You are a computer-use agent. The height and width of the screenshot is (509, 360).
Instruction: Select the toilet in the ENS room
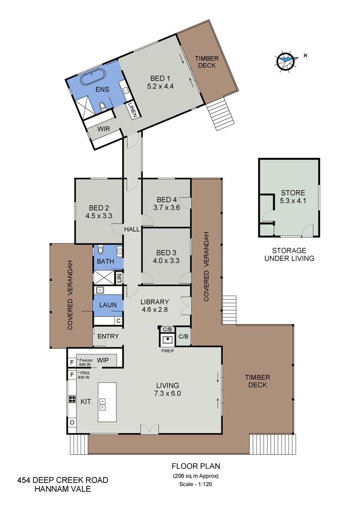tap(103, 106)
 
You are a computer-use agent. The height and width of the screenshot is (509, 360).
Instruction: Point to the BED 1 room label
tap(160, 78)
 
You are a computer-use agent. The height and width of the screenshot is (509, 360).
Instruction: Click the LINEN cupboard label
tap(134, 110)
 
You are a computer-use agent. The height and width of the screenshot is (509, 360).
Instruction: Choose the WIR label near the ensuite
tap(104, 129)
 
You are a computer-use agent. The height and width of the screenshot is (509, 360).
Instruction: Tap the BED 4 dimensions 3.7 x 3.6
tap(166, 207)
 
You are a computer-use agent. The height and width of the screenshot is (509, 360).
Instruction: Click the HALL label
tap(132, 229)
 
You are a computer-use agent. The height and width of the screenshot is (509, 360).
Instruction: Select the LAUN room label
tap(108, 305)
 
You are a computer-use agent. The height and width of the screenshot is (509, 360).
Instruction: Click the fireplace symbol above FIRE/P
tap(167, 340)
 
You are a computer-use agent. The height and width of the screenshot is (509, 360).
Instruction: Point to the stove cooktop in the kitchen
tap(72, 399)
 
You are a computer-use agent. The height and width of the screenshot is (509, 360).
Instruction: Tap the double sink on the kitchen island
tap(103, 404)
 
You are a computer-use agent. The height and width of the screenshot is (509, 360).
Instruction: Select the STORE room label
tap(293, 193)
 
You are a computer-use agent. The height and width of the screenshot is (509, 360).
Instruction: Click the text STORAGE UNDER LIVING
tap(289, 254)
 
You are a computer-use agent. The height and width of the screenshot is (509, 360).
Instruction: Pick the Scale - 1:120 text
tap(196, 484)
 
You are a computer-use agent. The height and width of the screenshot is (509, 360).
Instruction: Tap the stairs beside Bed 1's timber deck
tap(221, 115)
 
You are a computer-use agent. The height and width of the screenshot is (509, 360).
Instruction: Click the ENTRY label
tap(108, 337)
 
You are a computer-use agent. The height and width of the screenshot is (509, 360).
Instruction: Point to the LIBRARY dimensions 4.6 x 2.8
tap(155, 309)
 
